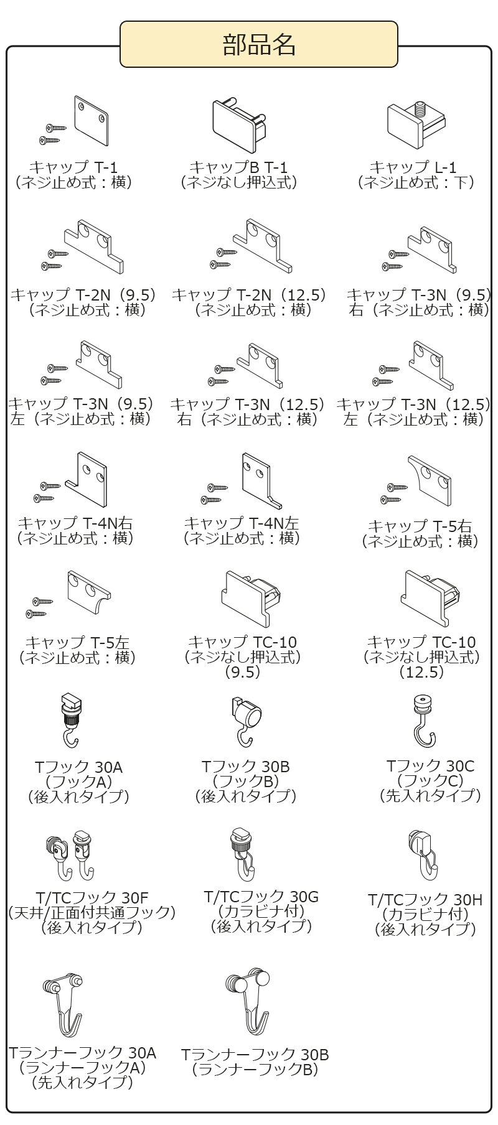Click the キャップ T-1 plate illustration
point(91,119)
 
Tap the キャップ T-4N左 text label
point(241,523)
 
